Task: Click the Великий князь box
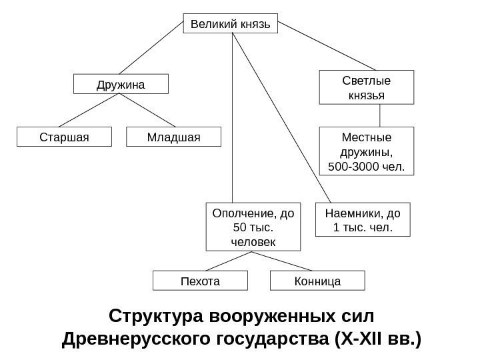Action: [231, 25]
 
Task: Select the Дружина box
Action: [121, 84]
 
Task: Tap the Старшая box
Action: [64, 137]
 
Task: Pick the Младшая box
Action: [173, 137]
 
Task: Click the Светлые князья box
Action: [367, 87]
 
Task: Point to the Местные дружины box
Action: [367, 151]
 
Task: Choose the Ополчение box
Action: [253, 227]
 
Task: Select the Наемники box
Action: [363, 221]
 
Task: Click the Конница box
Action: [317, 281]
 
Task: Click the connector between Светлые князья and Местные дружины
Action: [380, 115]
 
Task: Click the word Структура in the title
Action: [157, 315]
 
